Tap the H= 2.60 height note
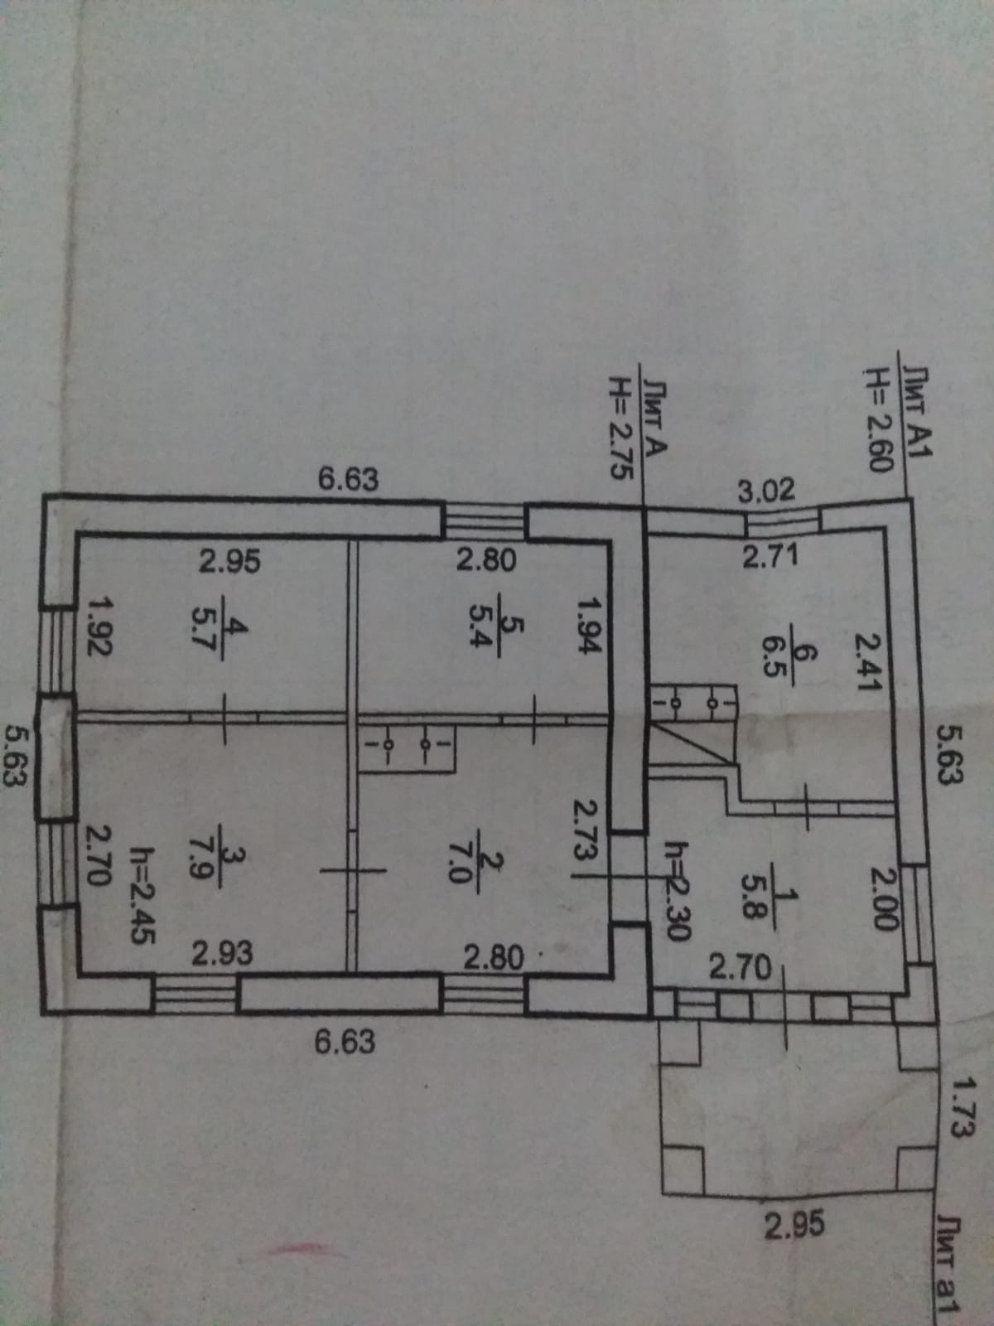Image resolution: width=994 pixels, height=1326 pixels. tap(876, 420)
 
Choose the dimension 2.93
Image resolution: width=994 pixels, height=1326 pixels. tap(222, 954)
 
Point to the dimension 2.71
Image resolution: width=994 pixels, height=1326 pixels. tap(770, 557)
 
